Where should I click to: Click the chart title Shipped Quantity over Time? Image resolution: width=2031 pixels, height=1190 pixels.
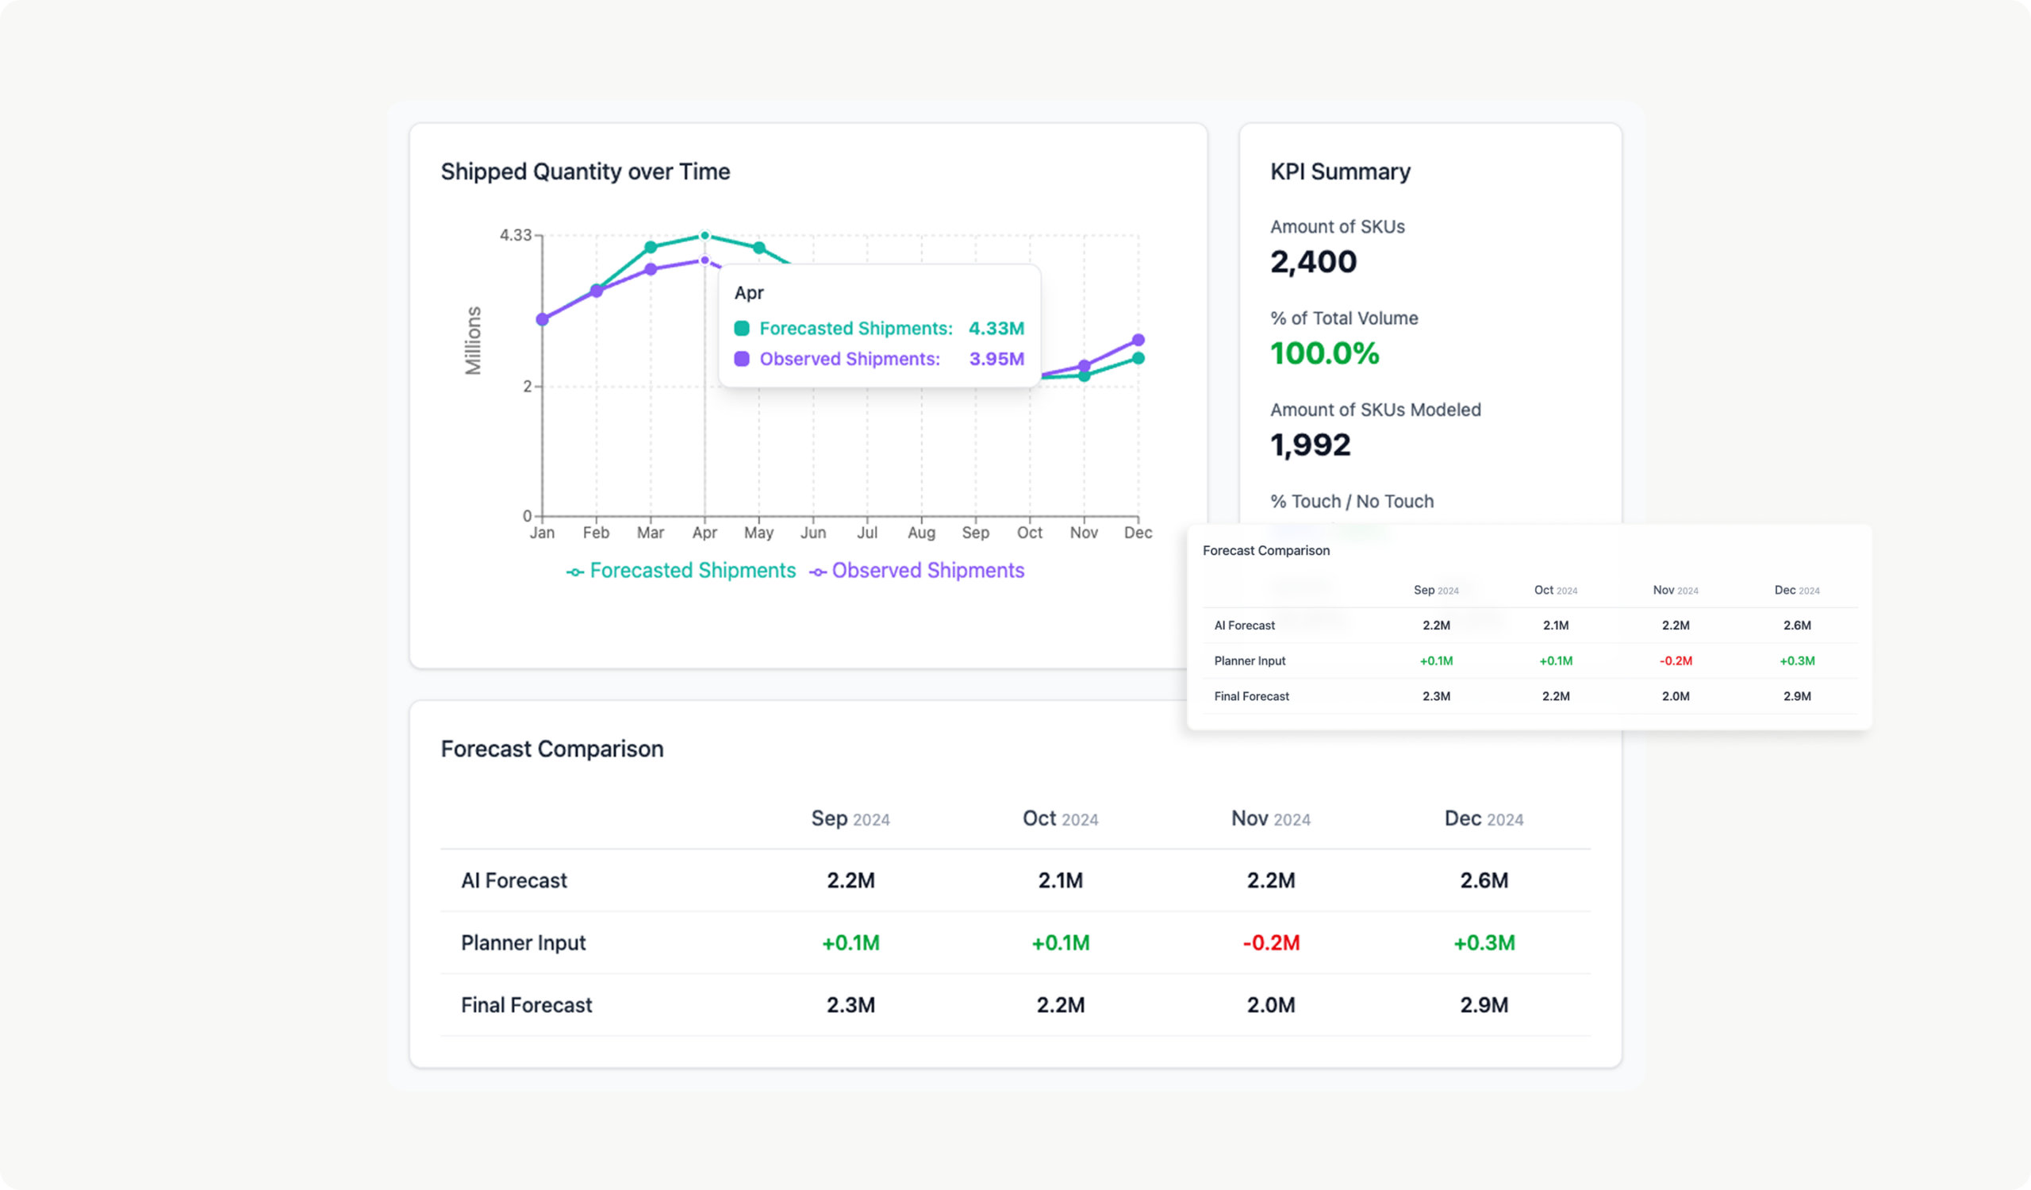point(585,171)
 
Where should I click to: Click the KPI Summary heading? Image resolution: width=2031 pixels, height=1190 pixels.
point(1339,171)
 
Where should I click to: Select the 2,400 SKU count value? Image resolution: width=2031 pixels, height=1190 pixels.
point(1313,262)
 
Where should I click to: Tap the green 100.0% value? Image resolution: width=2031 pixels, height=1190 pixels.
point(1324,353)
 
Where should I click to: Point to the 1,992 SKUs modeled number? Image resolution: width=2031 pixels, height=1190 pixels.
point(1310,445)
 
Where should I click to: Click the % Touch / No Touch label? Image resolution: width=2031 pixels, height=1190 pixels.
point(1352,502)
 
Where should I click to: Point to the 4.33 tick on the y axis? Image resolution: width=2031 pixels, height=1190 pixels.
point(515,236)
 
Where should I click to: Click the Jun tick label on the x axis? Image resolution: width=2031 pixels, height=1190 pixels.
point(812,533)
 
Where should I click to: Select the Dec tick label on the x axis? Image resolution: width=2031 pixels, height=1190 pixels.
point(1137,533)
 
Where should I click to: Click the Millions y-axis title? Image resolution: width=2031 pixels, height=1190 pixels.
point(473,341)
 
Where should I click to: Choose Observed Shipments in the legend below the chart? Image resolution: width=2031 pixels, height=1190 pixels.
point(927,571)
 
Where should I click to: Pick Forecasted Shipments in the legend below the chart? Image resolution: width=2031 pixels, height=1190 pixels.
point(692,571)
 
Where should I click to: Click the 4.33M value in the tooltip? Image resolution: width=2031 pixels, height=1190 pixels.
point(996,328)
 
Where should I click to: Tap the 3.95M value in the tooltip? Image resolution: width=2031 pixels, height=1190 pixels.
point(996,359)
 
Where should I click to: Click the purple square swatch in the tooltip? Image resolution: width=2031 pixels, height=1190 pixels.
point(742,359)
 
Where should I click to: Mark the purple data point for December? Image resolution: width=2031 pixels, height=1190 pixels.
point(1138,341)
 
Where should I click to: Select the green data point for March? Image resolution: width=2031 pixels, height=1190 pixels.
point(651,247)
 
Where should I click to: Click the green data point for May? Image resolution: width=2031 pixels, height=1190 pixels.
point(758,248)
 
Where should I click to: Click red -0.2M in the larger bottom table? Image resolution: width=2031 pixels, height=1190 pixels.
point(1270,942)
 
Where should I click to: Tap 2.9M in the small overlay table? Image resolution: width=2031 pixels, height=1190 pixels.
point(1796,695)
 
